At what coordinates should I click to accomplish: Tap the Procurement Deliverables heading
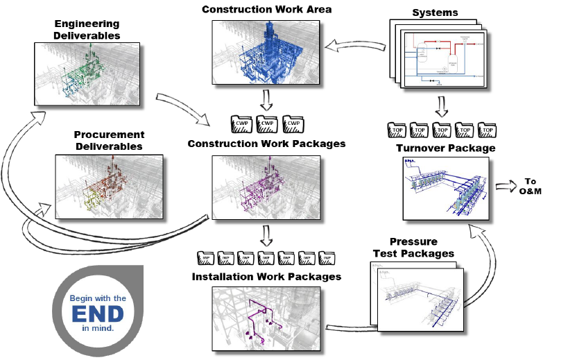(x=109, y=140)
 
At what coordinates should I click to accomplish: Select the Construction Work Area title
(x=266, y=9)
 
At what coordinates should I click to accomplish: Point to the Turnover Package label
(x=445, y=148)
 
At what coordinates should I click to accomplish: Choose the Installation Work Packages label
(x=267, y=276)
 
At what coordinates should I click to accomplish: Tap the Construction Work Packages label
(x=267, y=144)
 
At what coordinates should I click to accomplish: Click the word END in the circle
(x=97, y=313)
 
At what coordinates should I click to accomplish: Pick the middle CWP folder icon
(x=267, y=125)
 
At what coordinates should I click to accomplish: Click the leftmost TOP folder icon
(x=397, y=130)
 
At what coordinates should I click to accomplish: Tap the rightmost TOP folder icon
(x=488, y=130)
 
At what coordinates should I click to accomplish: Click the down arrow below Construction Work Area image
(x=267, y=101)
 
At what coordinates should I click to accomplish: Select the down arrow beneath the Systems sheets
(x=442, y=107)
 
